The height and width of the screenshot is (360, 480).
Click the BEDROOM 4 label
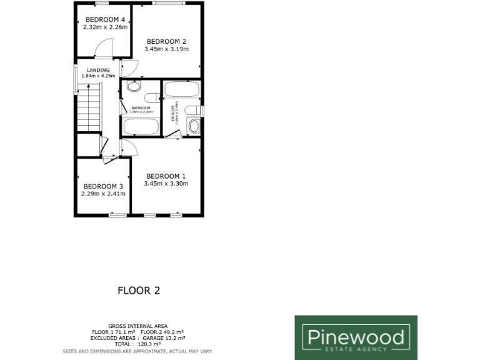coord(105,19)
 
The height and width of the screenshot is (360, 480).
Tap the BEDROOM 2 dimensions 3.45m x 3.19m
coord(166,49)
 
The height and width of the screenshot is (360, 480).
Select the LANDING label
coord(99,70)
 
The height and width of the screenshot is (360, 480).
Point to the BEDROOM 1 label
coord(166,176)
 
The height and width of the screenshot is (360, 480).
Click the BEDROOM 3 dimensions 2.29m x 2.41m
coord(103,194)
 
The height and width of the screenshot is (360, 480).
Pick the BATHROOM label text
coord(141,108)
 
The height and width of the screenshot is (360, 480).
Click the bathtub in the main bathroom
coord(141,127)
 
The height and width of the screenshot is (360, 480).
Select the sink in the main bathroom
coord(134,87)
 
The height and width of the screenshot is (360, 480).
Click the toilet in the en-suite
coord(193,111)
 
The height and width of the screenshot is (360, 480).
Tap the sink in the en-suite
coord(194,126)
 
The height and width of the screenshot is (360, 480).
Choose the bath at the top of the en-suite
coord(182,89)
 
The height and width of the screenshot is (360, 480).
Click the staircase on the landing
coord(89,109)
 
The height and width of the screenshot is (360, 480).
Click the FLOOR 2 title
coord(134,291)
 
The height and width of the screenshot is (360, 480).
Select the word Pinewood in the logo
coord(356,337)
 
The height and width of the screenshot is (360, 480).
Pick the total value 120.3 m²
coord(149,344)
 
